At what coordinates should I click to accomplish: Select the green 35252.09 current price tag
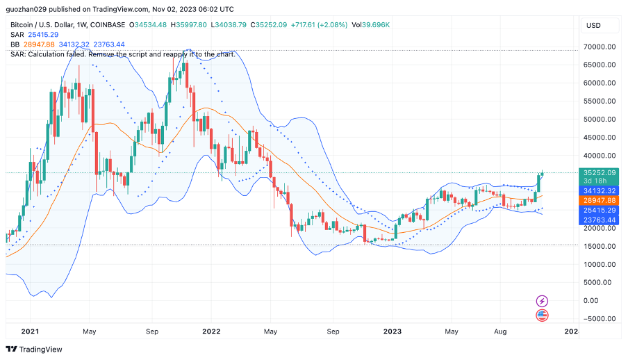coord(600,172)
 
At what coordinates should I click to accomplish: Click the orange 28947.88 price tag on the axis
coord(600,200)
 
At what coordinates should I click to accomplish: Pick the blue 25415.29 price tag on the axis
coord(600,210)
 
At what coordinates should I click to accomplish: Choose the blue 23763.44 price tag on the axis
coord(600,220)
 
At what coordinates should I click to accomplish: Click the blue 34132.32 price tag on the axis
coord(600,190)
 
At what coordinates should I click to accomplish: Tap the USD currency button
coord(594,26)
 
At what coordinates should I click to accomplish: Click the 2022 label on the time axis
coord(211,332)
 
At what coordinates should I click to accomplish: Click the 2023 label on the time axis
coord(392,332)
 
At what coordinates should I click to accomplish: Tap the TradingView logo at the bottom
coord(34,349)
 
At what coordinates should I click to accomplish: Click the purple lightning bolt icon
coord(543,301)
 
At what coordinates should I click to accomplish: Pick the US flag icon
coord(543,316)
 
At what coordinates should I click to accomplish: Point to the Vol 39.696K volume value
coord(370,25)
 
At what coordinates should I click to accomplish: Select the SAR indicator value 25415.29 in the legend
coord(43,35)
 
